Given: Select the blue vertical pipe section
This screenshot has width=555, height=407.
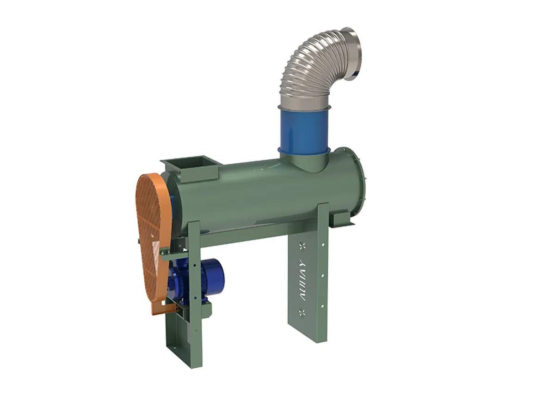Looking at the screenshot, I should click(x=304, y=129).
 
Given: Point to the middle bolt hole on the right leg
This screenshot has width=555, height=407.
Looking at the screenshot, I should click(x=322, y=276).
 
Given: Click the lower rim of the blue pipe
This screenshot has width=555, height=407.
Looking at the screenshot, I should click(x=303, y=153).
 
